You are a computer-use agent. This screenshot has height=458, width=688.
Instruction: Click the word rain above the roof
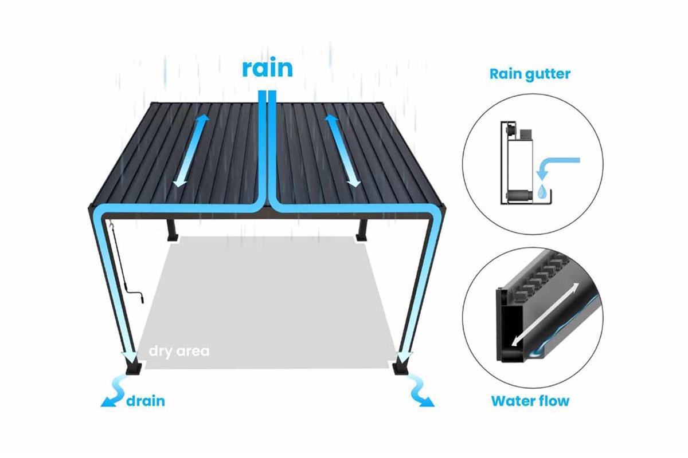pyautogui.click(x=267, y=68)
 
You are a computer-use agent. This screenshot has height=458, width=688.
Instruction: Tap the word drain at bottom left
pyautogui.click(x=146, y=401)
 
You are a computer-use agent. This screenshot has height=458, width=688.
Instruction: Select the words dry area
pyautogui.click(x=179, y=352)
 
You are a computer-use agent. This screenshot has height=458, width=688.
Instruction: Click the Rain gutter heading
pyautogui.click(x=530, y=74)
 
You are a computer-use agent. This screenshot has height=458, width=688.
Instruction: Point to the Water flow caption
pyautogui.click(x=530, y=401)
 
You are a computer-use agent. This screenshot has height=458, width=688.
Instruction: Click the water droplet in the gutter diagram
pyautogui.click(x=542, y=191)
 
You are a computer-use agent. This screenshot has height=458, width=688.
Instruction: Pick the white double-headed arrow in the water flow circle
pyautogui.click(x=545, y=314)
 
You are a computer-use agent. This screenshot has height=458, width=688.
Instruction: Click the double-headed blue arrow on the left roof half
pyautogui.click(x=191, y=151)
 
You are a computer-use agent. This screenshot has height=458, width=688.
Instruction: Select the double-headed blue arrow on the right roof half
pyautogui.click(x=343, y=151)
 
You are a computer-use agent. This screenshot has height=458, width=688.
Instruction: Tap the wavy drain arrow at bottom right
pyautogui.click(x=423, y=393)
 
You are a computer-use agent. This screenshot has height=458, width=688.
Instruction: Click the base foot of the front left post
pyautogui.click(x=134, y=369)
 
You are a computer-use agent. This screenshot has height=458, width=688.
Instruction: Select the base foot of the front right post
pyautogui.click(x=401, y=369)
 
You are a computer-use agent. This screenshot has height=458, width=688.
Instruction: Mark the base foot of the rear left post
pyautogui.click(x=173, y=238)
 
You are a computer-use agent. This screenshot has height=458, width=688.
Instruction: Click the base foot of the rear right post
pyautogui.click(x=361, y=238)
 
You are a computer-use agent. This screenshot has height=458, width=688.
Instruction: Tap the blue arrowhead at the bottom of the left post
pyautogui.click(x=130, y=357)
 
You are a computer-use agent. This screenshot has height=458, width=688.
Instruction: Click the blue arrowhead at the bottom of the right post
pyautogui.click(x=405, y=357)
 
